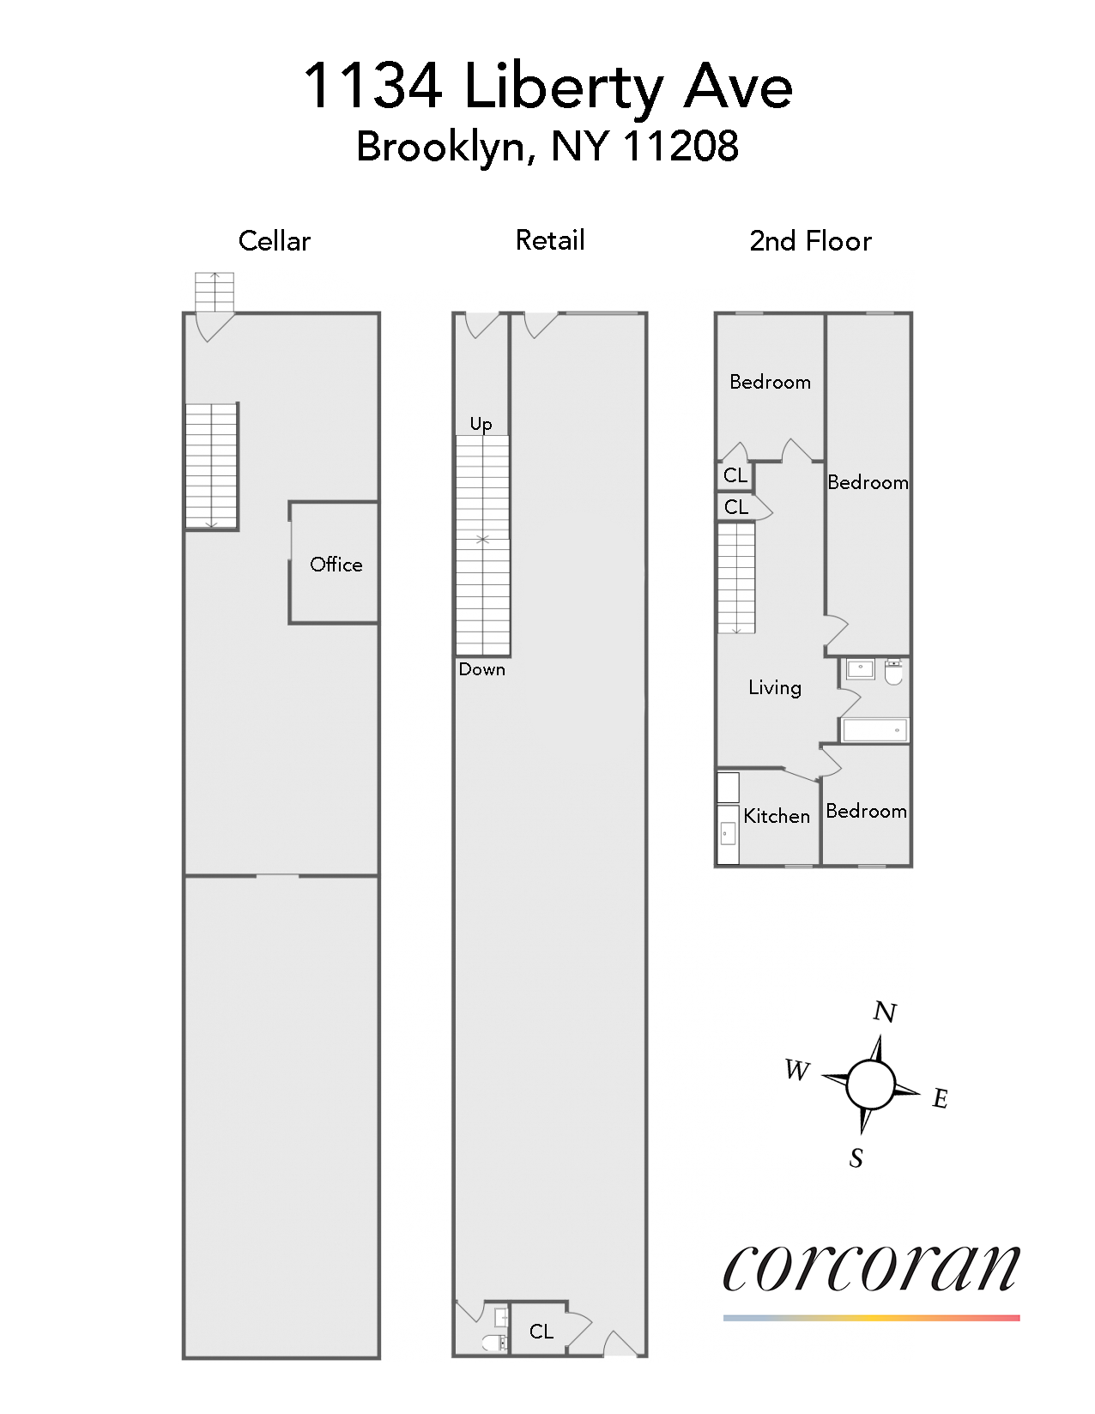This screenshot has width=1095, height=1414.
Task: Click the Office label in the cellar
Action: [336, 565]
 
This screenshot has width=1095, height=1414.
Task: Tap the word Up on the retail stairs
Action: [481, 424]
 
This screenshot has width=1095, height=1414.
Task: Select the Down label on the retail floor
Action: [481, 669]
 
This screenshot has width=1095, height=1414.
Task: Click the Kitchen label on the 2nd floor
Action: [777, 816]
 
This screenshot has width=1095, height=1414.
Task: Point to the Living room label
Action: [774, 687]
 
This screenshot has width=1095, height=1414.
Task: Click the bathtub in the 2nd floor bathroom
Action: [874, 730]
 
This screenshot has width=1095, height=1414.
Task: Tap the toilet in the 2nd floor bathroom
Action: [893, 671]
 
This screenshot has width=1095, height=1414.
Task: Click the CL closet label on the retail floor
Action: [541, 1331]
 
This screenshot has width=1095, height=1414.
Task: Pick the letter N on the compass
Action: [885, 1013]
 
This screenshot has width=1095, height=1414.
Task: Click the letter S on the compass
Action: [856, 1159]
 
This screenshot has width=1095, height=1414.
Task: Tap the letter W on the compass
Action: [796, 1070]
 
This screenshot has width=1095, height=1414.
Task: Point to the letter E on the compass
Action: [941, 1098]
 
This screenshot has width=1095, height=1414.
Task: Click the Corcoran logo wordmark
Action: [871, 1267]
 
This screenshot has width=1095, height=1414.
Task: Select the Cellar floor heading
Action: [274, 241]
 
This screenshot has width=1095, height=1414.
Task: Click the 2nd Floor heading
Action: [810, 241]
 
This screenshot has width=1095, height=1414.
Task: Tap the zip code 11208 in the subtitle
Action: [680, 147]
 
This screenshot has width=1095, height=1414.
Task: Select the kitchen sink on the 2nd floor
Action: [728, 831]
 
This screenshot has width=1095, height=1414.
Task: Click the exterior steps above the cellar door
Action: [215, 292]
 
